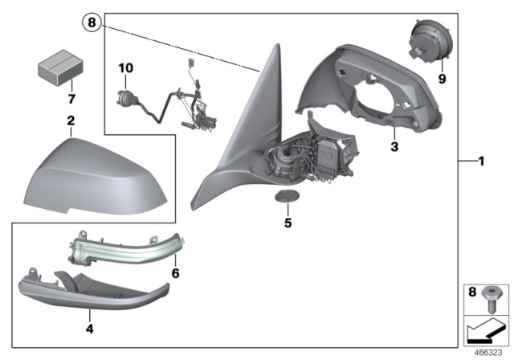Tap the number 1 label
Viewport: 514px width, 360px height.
coord(479,162)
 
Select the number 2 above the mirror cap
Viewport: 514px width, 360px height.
coord(71,121)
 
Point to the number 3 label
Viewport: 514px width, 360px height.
coord(394,148)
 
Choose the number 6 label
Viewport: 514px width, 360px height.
coord(174,273)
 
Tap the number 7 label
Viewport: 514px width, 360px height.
coord(70,99)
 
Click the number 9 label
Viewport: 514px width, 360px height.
coord(441,80)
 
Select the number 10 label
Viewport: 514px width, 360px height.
coord(124,67)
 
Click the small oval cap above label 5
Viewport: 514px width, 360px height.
coord(287,197)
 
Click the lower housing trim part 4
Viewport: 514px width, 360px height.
coord(88,289)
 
